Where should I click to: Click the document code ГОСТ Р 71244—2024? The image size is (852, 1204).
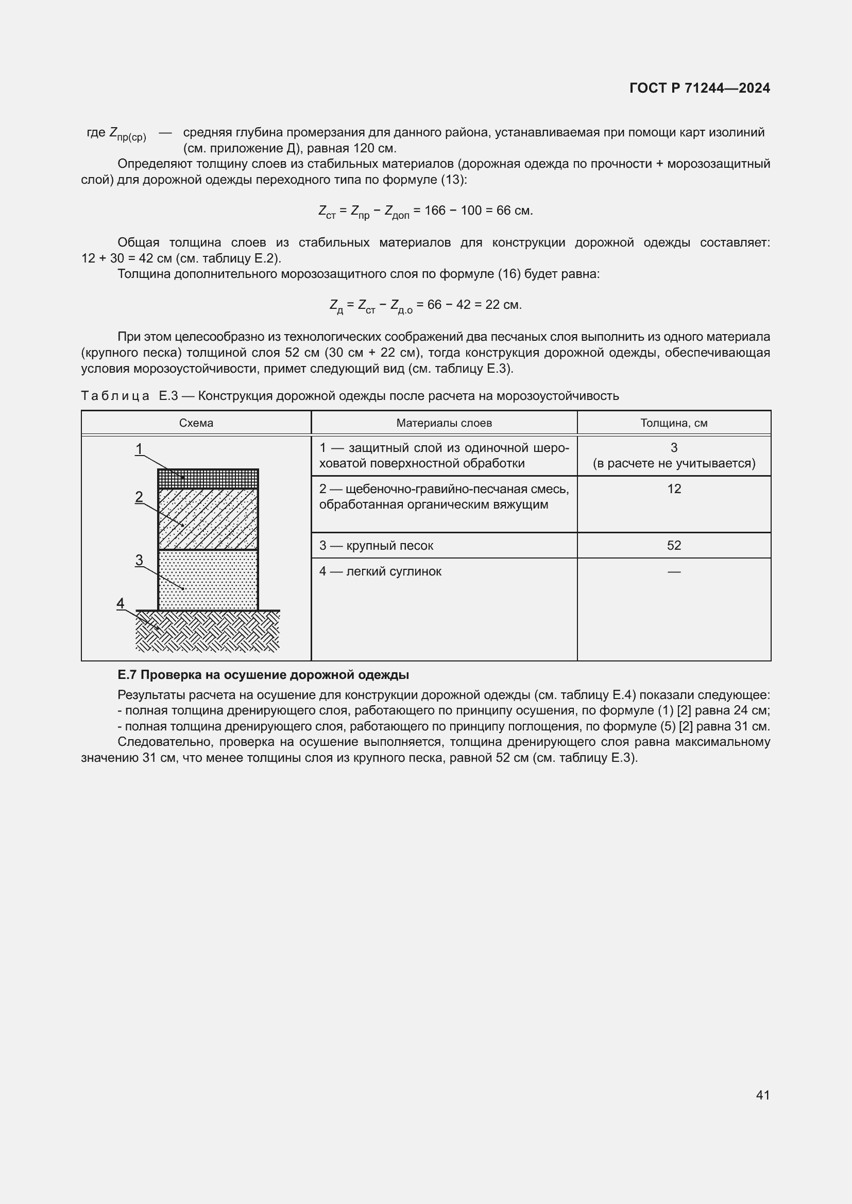click(x=700, y=88)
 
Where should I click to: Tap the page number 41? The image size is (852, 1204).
click(x=763, y=1095)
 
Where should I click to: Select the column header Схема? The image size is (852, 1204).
click(x=196, y=423)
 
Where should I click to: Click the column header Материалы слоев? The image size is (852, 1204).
click(x=444, y=423)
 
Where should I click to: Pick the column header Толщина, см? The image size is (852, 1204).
click(x=674, y=423)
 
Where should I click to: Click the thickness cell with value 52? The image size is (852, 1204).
click(x=674, y=545)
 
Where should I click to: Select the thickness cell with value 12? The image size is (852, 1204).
click(x=674, y=488)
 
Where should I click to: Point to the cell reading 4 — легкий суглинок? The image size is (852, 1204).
click(x=380, y=571)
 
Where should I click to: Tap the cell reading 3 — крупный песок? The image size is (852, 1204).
click(x=376, y=545)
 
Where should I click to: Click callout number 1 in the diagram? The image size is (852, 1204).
click(x=139, y=449)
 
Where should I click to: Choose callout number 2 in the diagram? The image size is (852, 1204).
click(x=139, y=497)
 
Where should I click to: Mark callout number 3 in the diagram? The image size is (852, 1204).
click(x=139, y=560)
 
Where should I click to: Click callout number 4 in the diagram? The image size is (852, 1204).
click(x=121, y=603)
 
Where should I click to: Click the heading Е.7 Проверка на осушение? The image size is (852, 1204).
click(x=263, y=675)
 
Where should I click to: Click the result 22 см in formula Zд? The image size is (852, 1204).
click(x=503, y=305)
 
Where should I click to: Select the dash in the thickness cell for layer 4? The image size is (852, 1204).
click(x=674, y=571)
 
